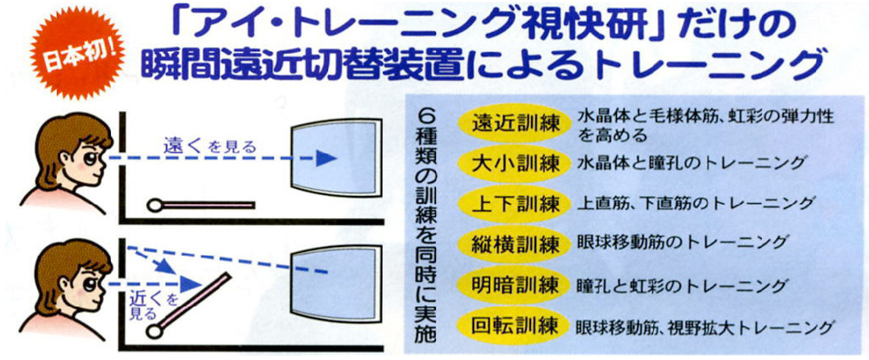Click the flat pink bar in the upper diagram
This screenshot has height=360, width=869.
pos(201,206)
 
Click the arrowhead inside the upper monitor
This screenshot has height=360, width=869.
pos(326,159)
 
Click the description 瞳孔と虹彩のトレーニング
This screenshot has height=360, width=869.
pos(681,286)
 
